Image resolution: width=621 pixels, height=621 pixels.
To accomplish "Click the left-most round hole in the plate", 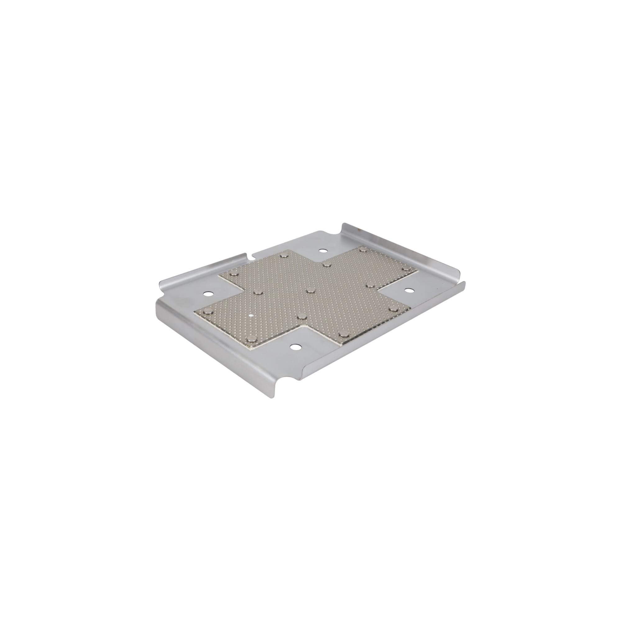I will [207, 294].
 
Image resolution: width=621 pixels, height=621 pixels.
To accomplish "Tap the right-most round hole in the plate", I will [409, 290].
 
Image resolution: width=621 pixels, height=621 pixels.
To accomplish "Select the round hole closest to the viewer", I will [294, 347].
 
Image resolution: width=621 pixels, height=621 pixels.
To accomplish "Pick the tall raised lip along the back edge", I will [402, 247].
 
